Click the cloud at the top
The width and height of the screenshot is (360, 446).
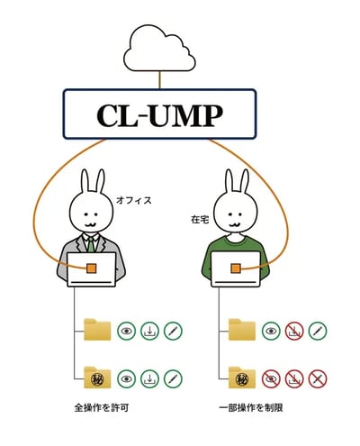tap(159, 50)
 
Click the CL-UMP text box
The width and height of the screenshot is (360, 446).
tap(159, 114)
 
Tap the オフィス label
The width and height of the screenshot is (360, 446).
tap(134, 200)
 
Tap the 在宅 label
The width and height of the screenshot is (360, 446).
tap(200, 220)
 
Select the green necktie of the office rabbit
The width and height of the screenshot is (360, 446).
tap(91, 245)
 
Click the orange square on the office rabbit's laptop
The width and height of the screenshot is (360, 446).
tap(92, 269)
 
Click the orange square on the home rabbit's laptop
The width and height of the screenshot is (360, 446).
tap(236, 269)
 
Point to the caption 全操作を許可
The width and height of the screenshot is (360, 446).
tap(102, 408)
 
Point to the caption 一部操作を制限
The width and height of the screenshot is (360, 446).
tap(251, 408)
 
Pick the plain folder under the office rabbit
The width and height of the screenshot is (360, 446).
tap(97, 330)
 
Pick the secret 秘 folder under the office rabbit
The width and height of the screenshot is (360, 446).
tap(97, 378)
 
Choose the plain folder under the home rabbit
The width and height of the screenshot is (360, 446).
tap(242, 330)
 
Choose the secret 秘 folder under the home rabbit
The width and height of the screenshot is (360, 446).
tap(242, 378)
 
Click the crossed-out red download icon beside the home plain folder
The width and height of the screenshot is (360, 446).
tap(294, 331)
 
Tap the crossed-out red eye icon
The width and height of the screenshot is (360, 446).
tap(271, 378)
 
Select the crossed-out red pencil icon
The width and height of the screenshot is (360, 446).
tap(318, 378)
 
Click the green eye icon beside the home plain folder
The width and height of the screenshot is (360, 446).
tap(271, 331)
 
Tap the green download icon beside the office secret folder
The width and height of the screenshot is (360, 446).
tap(149, 378)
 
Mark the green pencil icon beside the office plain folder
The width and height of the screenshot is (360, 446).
tap(173, 331)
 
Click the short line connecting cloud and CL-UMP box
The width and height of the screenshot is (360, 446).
tap(159, 80)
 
